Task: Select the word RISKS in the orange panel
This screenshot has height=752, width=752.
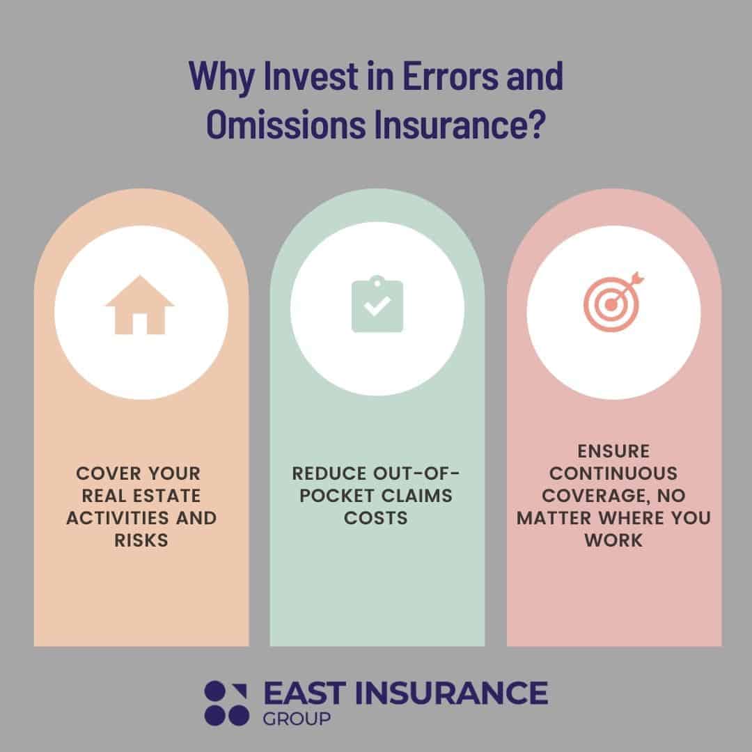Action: click(141, 540)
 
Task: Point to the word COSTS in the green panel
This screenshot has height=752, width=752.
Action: click(377, 518)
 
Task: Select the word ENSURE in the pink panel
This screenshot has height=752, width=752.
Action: click(613, 451)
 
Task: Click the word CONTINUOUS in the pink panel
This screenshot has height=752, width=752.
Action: click(613, 473)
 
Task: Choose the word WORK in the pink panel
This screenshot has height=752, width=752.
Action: click(613, 540)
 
